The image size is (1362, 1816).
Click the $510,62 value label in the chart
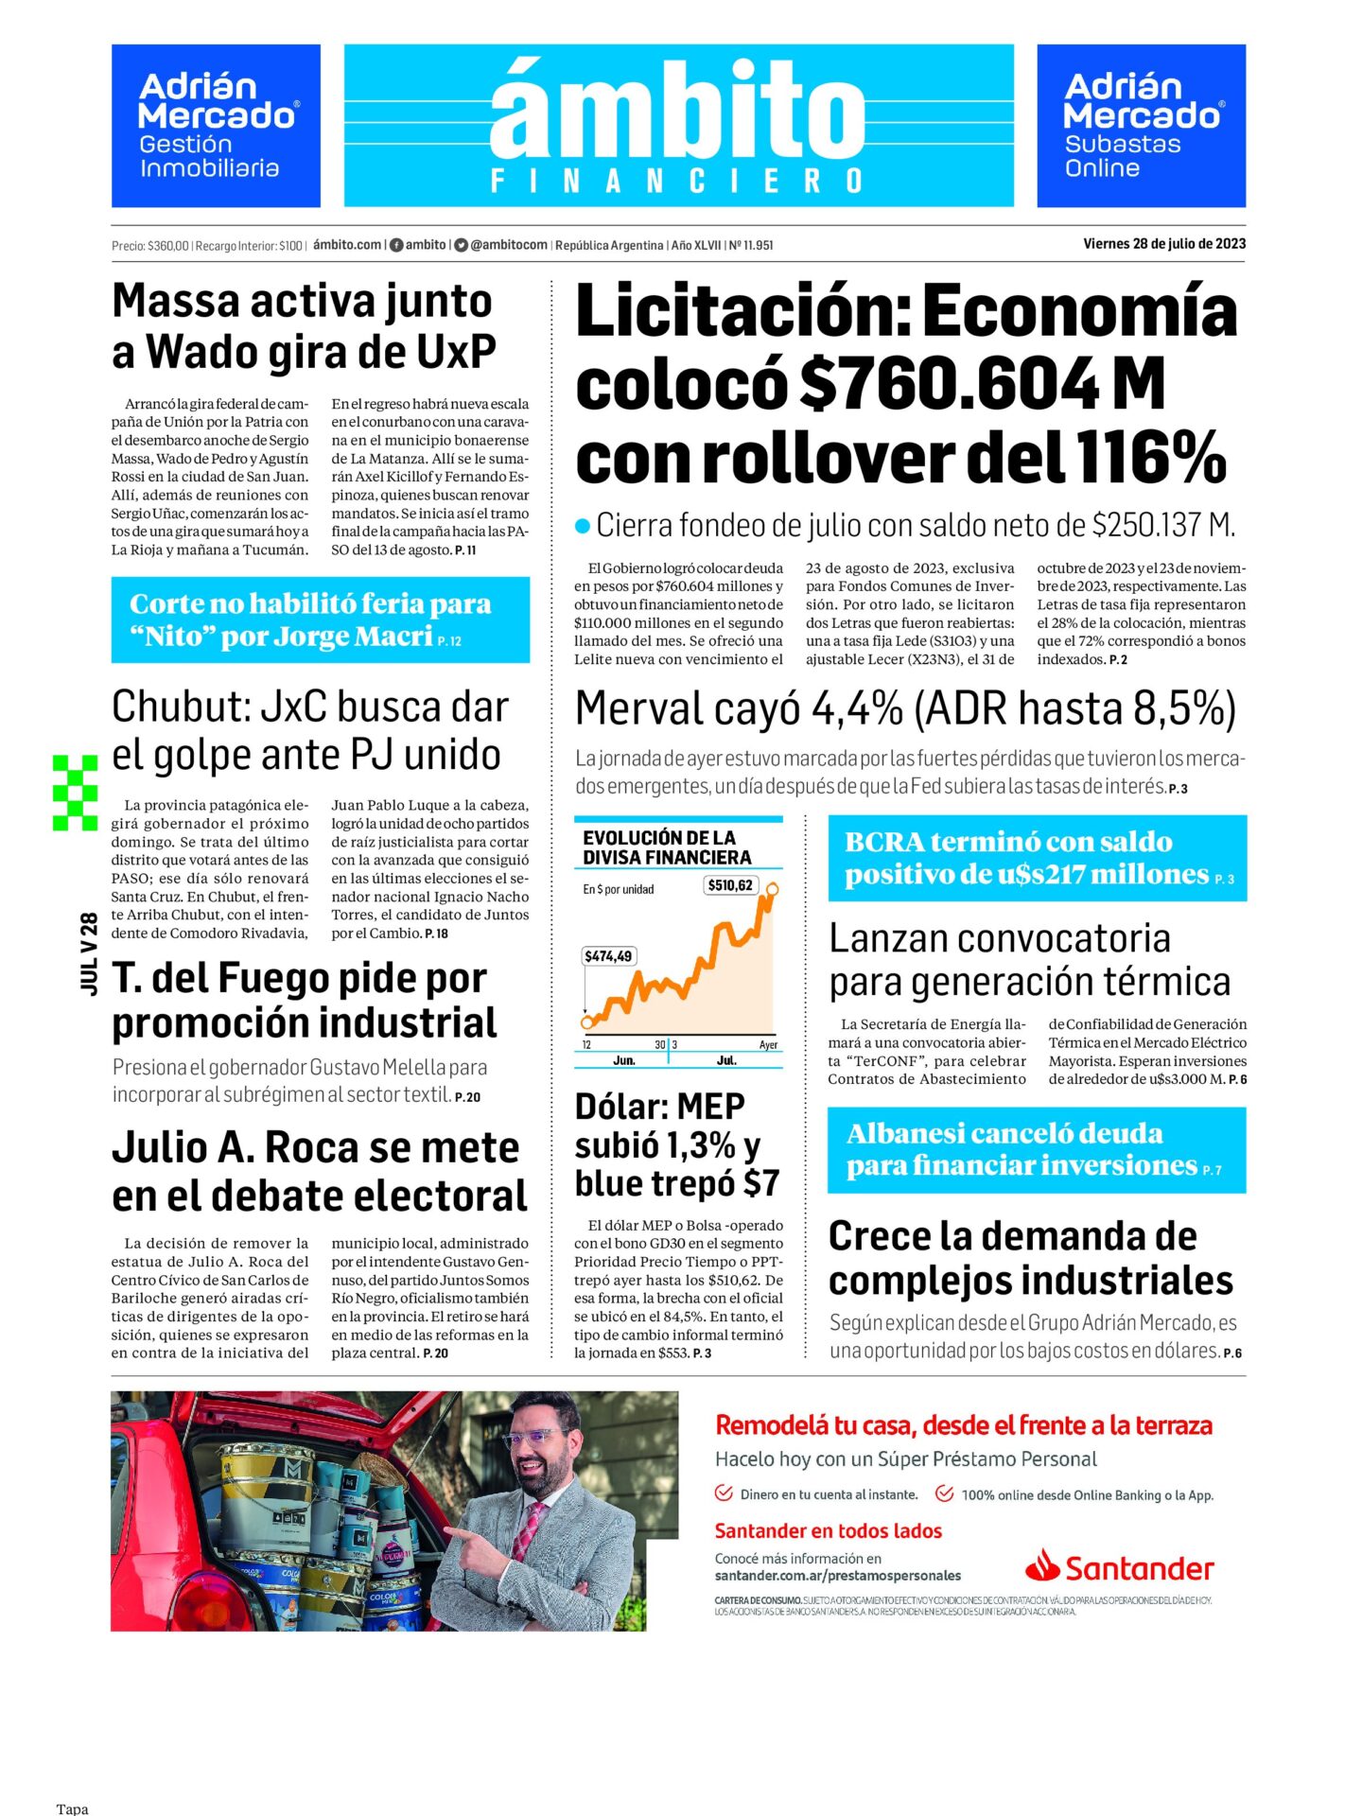pyautogui.click(x=730, y=885)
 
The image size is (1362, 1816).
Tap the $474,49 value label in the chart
pyautogui.click(x=608, y=956)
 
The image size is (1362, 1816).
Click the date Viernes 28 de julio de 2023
pyautogui.click(x=1164, y=244)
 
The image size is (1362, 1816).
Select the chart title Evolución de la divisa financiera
pyautogui.click(x=667, y=847)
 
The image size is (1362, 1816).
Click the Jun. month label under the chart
pyautogui.click(x=624, y=1060)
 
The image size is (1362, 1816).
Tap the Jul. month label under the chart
pyautogui.click(x=726, y=1060)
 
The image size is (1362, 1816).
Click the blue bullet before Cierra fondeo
pyautogui.click(x=583, y=526)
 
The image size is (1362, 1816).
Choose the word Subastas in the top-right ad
pyautogui.click(x=1122, y=145)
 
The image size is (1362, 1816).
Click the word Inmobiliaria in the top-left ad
pyautogui.click(x=209, y=168)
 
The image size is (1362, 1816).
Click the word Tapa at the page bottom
pyautogui.click(x=72, y=1808)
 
